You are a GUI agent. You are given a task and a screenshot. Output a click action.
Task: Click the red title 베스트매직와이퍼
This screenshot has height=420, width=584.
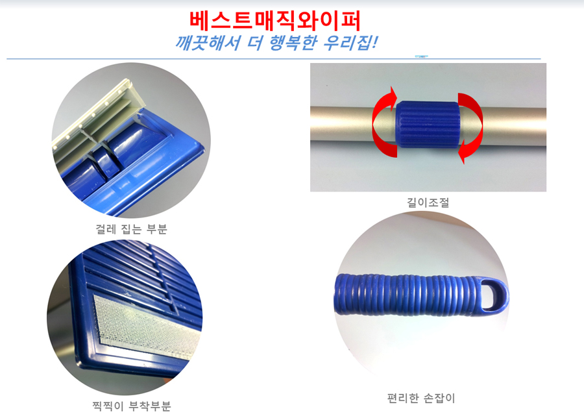point(275,21)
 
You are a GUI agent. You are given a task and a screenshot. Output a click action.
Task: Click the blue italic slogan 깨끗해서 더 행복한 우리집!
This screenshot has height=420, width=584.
point(276,43)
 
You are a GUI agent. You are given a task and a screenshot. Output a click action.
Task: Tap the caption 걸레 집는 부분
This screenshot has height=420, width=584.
point(132,229)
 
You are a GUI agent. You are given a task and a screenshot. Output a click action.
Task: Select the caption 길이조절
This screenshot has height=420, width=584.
point(428,203)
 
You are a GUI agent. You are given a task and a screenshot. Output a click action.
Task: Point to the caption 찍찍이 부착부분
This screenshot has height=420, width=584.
point(132,406)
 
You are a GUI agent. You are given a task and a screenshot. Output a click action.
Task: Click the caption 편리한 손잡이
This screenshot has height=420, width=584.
point(421,398)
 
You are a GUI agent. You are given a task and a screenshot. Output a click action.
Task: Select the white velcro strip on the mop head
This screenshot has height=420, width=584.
point(146,327)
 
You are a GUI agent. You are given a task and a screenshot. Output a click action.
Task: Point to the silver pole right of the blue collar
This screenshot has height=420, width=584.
point(503,127)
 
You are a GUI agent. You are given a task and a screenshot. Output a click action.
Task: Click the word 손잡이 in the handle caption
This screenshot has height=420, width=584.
point(439,398)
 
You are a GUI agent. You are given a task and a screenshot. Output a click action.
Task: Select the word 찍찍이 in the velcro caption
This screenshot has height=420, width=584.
point(108,406)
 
